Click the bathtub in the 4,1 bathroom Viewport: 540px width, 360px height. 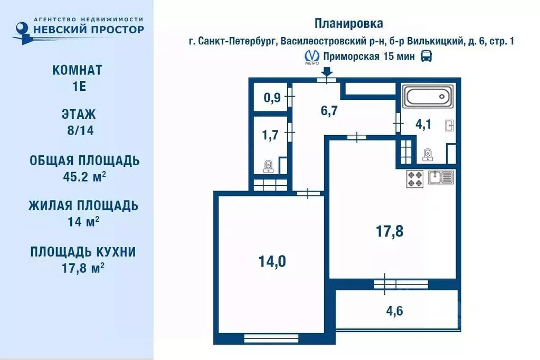[427, 97]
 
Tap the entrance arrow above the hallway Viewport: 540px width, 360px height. [327, 72]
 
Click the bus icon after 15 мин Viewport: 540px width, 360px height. [426, 56]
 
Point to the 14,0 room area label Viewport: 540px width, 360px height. [272, 261]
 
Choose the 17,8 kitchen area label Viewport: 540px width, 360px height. [390, 231]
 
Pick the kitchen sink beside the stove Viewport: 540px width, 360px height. [441, 178]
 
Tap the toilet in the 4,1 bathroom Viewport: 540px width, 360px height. [427, 154]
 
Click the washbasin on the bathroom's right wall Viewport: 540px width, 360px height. [449, 126]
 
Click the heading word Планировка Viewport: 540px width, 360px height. [348, 24]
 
